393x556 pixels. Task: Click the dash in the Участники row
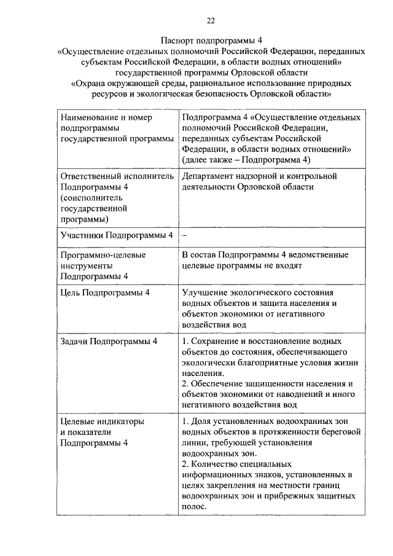[x=185, y=235]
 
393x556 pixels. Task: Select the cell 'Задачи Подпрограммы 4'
[x=109, y=341]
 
